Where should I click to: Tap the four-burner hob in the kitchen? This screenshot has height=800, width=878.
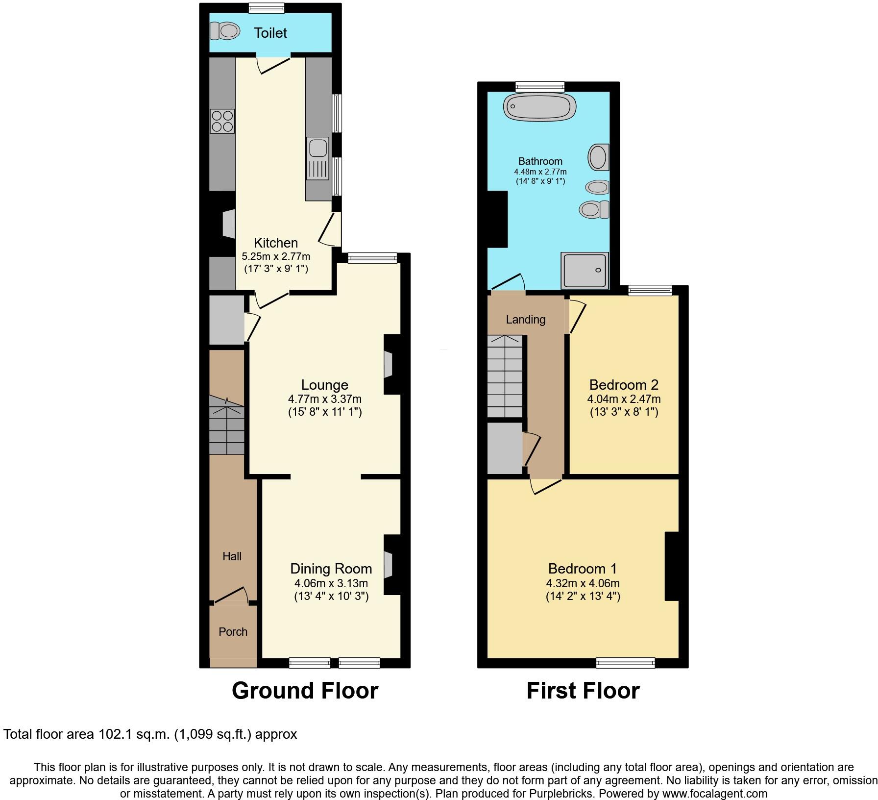(222, 121)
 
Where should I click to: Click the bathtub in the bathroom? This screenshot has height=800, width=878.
(540, 106)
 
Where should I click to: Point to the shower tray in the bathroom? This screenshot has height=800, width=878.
(585, 270)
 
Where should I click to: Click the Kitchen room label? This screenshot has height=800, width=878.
(276, 243)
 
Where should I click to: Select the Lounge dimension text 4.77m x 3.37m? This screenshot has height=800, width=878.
(325, 399)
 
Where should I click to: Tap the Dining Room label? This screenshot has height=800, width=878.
(331, 569)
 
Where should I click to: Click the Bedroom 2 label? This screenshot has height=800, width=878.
(623, 385)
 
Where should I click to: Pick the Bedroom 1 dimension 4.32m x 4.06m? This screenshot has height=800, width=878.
(583, 583)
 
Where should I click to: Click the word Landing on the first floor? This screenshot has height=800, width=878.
(525, 320)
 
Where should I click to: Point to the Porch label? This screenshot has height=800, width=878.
(233, 632)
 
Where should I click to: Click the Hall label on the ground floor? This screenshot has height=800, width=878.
(232, 556)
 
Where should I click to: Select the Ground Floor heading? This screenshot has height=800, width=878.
(305, 690)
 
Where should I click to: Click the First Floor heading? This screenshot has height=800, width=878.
(583, 690)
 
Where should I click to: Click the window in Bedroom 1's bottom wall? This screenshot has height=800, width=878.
(625, 663)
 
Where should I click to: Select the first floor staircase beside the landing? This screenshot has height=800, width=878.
(505, 376)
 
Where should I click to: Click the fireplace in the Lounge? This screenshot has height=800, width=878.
(389, 365)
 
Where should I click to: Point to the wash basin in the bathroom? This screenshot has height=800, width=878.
(598, 187)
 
